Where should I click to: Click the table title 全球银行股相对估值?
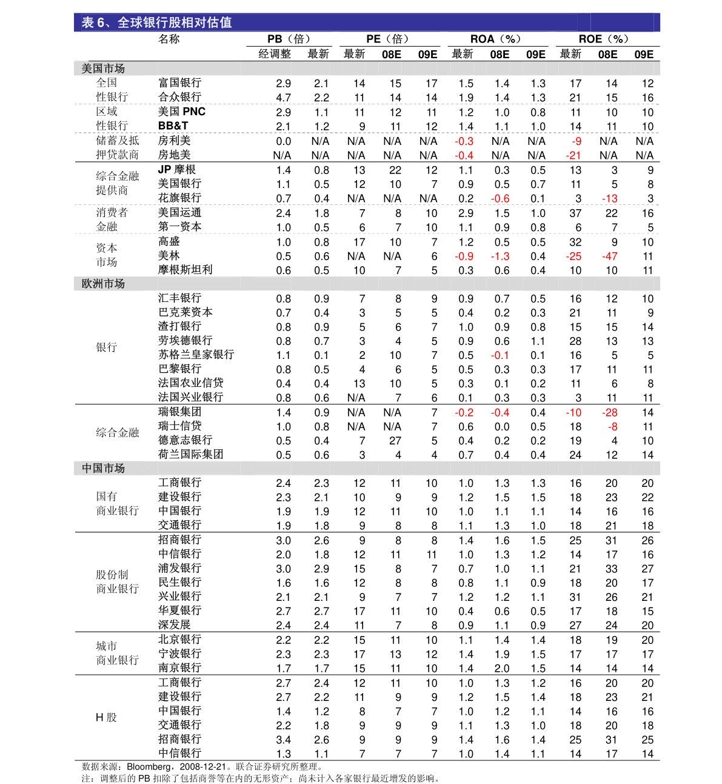pyautogui.click(x=175, y=22)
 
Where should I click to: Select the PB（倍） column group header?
pyautogui.click(x=289, y=39)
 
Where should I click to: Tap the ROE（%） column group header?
pyautogui.click(x=604, y=39)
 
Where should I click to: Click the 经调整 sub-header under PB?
pyautogui.click(x=275, y=54)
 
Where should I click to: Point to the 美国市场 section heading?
pyautogui.click(x=103, y=69)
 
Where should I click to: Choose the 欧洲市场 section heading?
pyautogui.click(x=103, y=284)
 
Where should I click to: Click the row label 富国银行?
pyautogui.click(x=180, y=83)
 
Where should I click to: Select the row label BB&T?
pyautogui.click(x=173, y=126)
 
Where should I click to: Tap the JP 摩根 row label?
pyautogui.click(x=176, y=169)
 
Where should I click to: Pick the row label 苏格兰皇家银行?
pyautogui.click(x=196, y=355)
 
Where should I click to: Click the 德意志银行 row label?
pyautogui.click(x=186, y=440)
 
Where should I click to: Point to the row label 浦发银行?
pyautogui.click(x=180, y=568)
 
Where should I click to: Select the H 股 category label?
pyautogui.click(x=106, y=717)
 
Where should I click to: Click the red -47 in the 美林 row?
pyautogui.click(x=610, y=256)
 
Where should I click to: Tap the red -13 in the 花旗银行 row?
pyautogui.click(x=610, y=198)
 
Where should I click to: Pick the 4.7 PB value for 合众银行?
pyautogui.click(x=284, y=98)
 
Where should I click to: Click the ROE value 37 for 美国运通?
pyautogui.click(x=575, y=213)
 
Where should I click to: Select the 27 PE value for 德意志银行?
pyautogui.click(x=395, y=441)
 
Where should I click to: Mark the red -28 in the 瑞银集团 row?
pyautogui.click(x=610, y=413)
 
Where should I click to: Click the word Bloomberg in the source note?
pyautogui.click(x=149, y=767)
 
